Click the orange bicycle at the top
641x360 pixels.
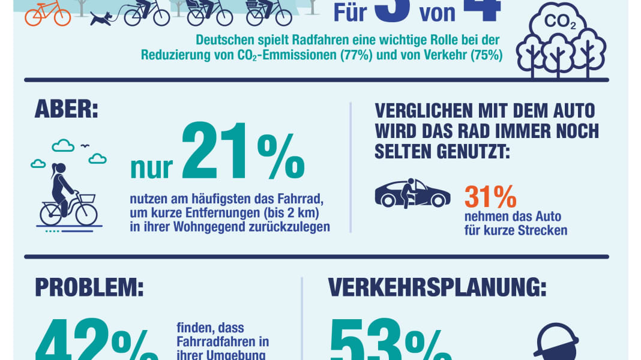point(47,13)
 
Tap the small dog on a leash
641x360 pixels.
point(102,18)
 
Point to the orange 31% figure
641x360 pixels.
point(490,196)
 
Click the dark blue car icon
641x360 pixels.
point(412,194)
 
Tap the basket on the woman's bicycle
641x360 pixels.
point(87,199)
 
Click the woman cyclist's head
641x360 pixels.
point(58,169)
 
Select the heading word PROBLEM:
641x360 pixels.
point(89,287)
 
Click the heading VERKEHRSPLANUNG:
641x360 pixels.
point(438,287)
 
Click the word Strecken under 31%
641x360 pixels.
point(543,230)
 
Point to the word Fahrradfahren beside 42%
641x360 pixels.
point(222,341)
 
